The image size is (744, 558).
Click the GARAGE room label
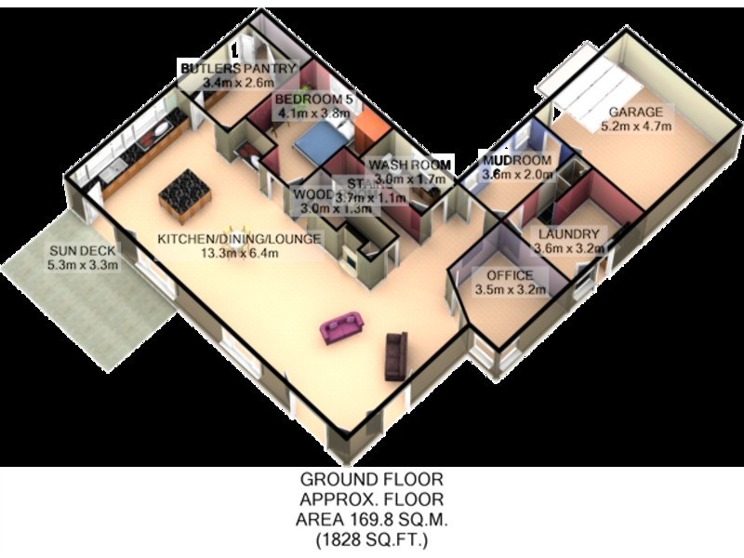[x=636, y=113]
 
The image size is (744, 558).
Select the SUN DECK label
[x=83, y=250]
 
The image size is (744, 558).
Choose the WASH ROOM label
[x=410, y=164]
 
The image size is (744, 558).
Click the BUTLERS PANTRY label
[x=238, y=69]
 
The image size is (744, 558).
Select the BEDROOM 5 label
[x=316, y=100]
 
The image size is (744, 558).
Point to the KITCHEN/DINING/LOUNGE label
[x=238, y=239]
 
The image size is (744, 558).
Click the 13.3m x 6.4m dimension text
[x=240, y=253]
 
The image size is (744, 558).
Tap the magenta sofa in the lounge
[x=341, y=326]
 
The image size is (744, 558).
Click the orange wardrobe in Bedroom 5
[x=366, y=131]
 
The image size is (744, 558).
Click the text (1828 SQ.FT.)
[x=371, y=539]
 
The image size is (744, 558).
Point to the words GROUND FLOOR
[x=371, y=480]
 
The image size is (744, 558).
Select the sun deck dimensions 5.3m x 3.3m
[x=83, y=264]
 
